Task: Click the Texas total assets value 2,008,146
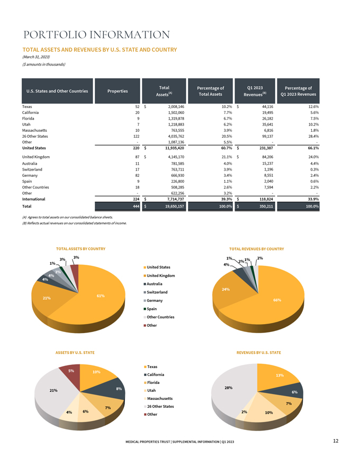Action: tap(176, 106)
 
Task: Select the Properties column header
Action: tap(118, 91)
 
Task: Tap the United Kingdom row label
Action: tap(36, 157)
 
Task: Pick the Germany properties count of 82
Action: tap(137, 175)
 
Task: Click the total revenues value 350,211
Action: tap(266, 206)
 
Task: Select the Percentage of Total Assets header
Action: tap(210, 91)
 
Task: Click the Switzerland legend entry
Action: tap(156, 292)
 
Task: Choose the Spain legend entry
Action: tap(150, 309)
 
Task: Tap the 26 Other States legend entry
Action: tap(159, 406)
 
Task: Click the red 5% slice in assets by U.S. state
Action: tap(71, 373)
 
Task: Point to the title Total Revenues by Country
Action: tap(257, 249)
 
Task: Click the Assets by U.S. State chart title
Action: tap(75, 353)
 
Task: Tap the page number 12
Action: tap(336, 441)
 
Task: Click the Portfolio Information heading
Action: tap(96, 35)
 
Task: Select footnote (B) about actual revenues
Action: tap(75, 223)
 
